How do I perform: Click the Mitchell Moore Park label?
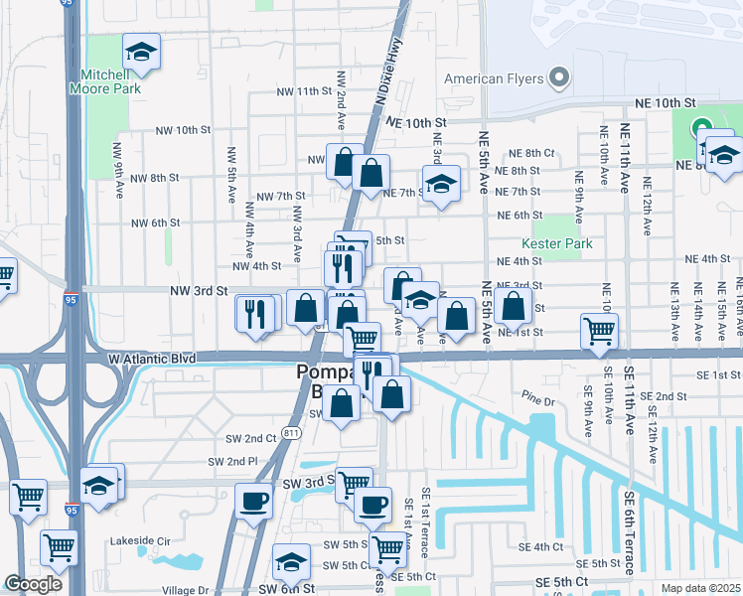[x=104, y=81]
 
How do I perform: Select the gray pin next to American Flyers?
[x=559, y=77]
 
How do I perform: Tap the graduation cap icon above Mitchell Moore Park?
[x=141, y=52]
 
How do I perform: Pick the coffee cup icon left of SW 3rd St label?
[x=253, y=499]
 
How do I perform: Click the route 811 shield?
[x=290, y=432]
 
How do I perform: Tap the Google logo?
[x=33, y=584]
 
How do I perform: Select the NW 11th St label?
[x=303, y=91]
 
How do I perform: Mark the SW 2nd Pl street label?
[x=232, y=462]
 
